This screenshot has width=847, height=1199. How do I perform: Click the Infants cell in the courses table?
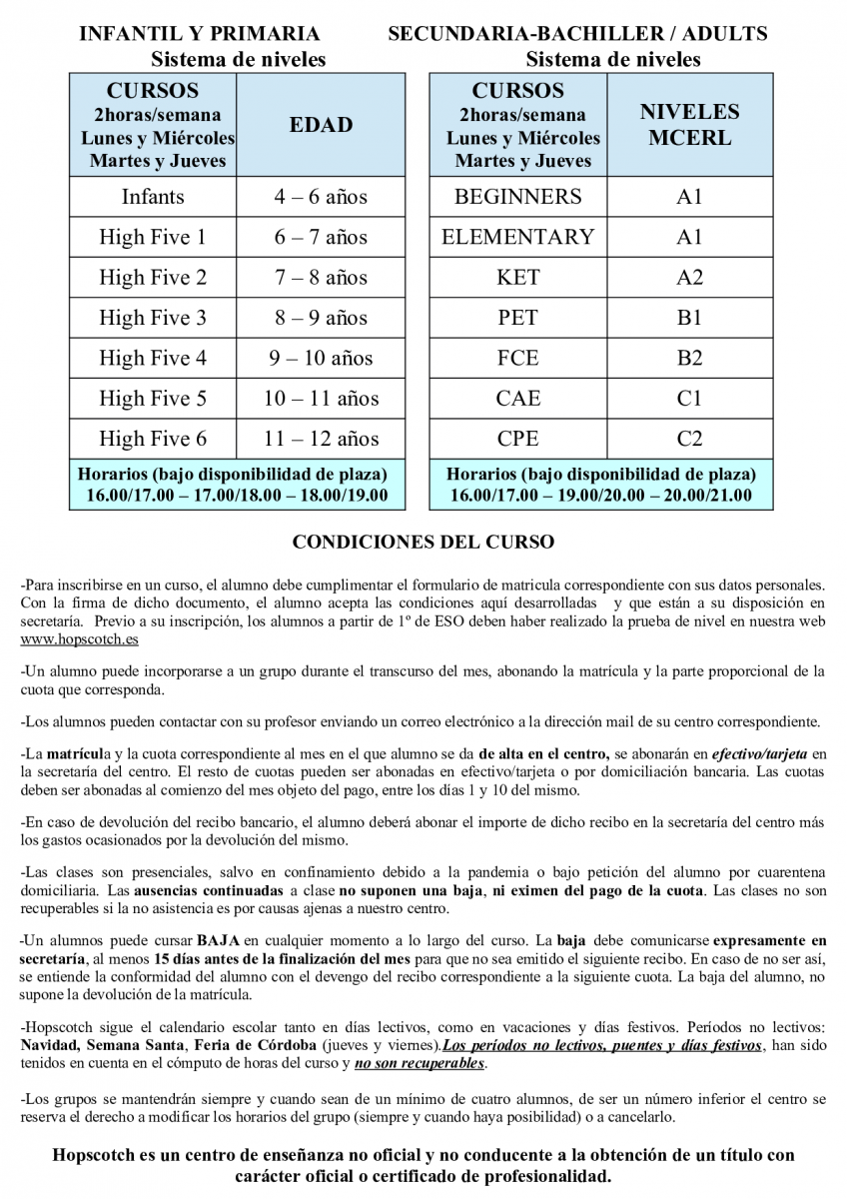[x=153, y=197]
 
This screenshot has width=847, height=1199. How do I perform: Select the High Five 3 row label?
[x=153, y=318]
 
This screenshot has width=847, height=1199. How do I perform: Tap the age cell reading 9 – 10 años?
[x=322, y=358]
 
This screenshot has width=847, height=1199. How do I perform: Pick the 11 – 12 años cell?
[x=322, y=439]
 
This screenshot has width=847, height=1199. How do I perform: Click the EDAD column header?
[x=322, y=125]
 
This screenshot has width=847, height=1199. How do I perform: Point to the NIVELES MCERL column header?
[x=689, y=125]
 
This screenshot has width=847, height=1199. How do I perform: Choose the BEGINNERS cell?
[x=517, y=197]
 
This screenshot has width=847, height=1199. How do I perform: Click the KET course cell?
[x=517, y=278]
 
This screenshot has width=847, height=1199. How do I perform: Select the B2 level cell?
[x=689, y=358]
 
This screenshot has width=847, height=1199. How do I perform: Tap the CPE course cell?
[x=517, y=439]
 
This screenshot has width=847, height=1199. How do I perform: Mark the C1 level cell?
[x=689, y=399]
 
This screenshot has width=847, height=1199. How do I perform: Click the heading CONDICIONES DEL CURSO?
[x=423, y=543]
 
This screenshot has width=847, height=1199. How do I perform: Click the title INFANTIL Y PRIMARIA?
[x=200, y=34]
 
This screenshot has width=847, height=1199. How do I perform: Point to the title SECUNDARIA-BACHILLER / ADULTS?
[x=577, y=34]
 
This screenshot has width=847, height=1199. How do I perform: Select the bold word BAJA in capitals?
[x=219, y=940]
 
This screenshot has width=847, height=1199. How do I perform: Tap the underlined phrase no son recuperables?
[x=420, y=1064]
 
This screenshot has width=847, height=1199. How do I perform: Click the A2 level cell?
[x=689, y=278]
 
